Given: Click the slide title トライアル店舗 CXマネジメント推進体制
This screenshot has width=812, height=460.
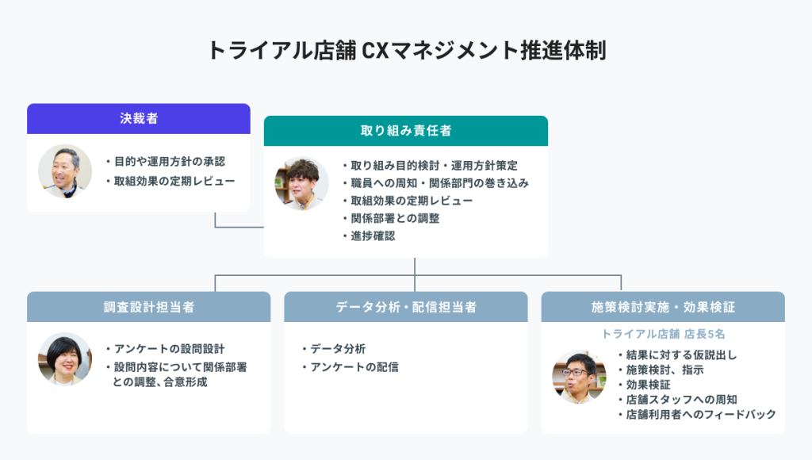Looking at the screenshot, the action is pyautogui.click(x=407, y=50).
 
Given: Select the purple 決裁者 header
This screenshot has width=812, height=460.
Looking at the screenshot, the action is pyautogui.click(x=139, y=119).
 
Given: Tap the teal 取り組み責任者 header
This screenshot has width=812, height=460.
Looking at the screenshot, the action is pyautogui.click(x=406, y=131).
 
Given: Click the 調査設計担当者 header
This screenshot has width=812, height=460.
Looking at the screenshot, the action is pyautogui.click(x=148, y=307).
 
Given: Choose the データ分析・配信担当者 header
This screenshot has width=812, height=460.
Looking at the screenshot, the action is pyautogui.click(x=406, y=307).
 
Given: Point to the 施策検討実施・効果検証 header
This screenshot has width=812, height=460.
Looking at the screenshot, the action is pyautogui.click(x=663, y=307).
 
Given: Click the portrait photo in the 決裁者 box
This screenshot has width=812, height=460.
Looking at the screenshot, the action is pyautogui.click(x=65, y=171).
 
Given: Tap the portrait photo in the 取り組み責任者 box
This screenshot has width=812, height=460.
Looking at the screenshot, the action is pyautogui.click(x=301, y=183).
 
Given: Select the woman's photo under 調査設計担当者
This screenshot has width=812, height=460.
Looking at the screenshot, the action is pyautogui.click(x=65, y=359).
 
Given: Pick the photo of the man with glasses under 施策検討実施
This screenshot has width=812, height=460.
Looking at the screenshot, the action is pyautogui.click(x=579, y=377).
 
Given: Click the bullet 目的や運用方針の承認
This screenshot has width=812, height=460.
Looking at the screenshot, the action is pyautogui.click(x=166, y=162).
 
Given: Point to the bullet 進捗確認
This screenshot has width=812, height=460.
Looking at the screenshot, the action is pyautogui.click(x=369, y=236).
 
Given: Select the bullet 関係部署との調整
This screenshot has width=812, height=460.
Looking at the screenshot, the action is pyautogui.click(x=391, y=218).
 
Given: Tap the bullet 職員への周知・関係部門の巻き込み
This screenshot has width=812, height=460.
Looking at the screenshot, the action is pyautogui.click(x=435, y=183).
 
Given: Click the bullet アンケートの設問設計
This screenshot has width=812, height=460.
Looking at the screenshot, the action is pyautogui.click(x=166, y=349).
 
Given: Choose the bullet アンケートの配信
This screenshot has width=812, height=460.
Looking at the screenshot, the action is pyautogui.click(x=350, y=366).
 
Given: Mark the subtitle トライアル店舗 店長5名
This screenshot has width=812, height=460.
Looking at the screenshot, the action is pyautogui.click(x=663, y=334).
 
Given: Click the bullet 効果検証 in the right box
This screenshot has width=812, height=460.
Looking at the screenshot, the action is pyautogui.click(x=644, y=385).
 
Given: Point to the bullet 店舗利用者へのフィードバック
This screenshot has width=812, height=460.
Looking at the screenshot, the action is pyautogui.click(x=697, y=414).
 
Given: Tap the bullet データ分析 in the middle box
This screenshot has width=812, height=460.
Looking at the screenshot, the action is pyautogui.click(x=334, y=349).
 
